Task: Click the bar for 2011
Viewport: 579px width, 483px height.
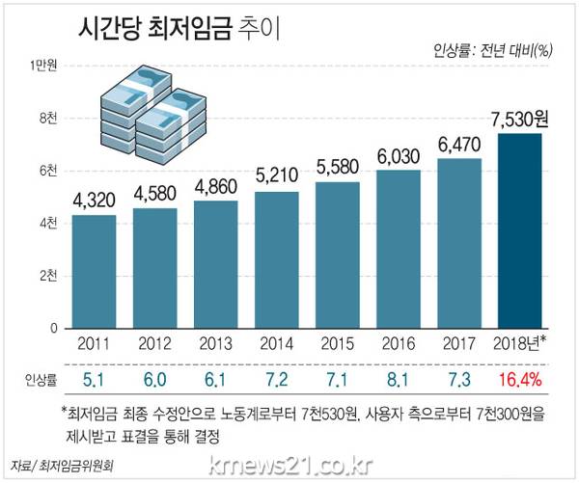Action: click(x=95, y=271)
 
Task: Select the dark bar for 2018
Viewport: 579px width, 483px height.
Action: click(x=519, y=231)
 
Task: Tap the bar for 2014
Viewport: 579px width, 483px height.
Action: click(x=277, y=259)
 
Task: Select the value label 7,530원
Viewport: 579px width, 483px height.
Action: click(x=519, y=121)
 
